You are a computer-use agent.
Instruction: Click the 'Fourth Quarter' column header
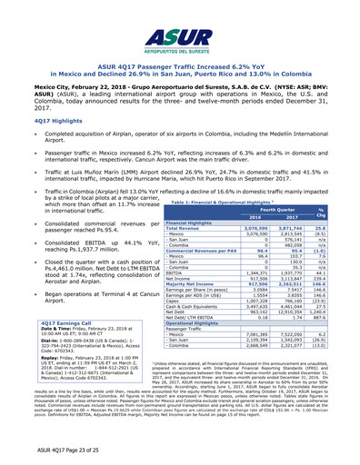[x=283, y=186]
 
